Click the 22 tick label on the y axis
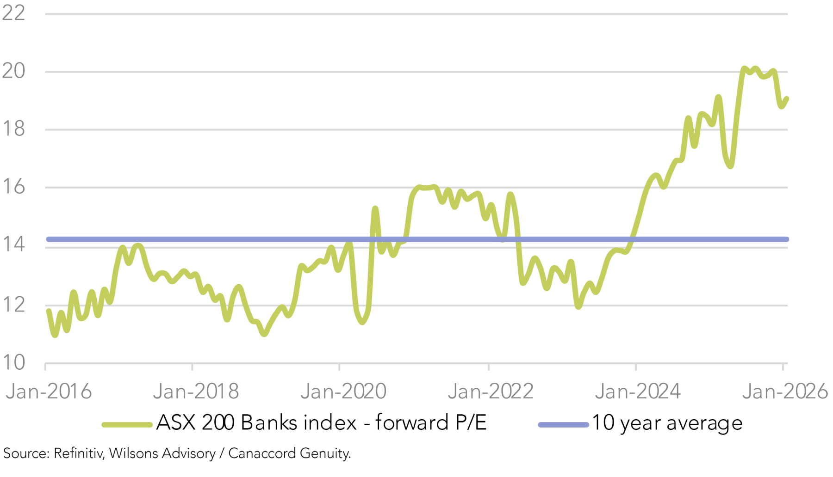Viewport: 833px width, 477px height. pos(13,13)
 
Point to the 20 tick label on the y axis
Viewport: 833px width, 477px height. pos(13,71)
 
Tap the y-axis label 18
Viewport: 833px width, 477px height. pos(13,128)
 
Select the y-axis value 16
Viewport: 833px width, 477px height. pos(13,187)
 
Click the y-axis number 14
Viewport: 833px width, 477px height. pos(13,245)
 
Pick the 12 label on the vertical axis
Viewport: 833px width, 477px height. pos(13,305)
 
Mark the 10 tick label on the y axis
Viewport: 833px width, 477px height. pos(13,363)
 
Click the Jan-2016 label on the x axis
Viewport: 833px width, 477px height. pos(49,392)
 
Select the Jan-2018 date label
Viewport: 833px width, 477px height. pos(196,392)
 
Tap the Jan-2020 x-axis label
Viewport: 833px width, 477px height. pos(343,392)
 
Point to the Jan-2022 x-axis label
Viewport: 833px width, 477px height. pos(491,392)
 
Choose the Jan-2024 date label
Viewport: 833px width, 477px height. pos(638,392)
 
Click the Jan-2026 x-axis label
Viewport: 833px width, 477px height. pos(785,392)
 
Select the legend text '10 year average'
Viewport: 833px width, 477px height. pos(667,423)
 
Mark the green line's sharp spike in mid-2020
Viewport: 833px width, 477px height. pos(375,209)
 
